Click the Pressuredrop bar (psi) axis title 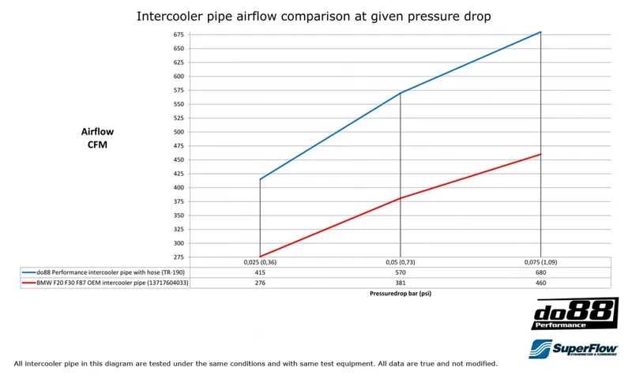pyautogui.click(x=400, y=293)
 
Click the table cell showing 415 pyautogui.click(x=260, y=272)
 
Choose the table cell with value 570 pyautogui.click(x=401, y=272)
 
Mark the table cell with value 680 pyautogui.click(x=540, y=272)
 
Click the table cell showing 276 pyautogui.click(x=260, y=282)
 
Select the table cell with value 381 pyautogui.click(x=401, y=282)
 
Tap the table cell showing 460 pyautogui.click(x=540, y=282)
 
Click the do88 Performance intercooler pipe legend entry pyautogui.click(x=103, y=272)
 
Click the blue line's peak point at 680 pyautogui.click(x=540, y=32)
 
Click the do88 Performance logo pyautogui.click(x=574, y=313)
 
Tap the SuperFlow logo pyautogui.click(x=574, y=348)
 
